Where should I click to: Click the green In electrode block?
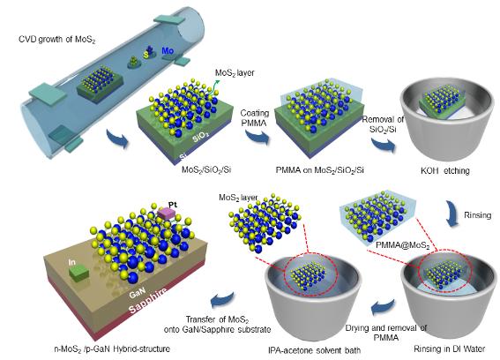79,274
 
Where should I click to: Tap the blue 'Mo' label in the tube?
168,51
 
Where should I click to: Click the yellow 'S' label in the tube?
146,55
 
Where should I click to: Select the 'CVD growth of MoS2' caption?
57,40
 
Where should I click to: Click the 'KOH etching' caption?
445,171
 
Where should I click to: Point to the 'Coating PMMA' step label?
255,117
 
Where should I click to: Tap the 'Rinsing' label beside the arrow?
477,215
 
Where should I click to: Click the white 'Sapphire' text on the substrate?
147,301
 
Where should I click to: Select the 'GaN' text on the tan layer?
138,292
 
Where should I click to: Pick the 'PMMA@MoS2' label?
402,245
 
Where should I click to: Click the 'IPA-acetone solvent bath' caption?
315,350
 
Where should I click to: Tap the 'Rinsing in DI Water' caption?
450,349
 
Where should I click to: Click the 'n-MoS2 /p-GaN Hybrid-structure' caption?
112,349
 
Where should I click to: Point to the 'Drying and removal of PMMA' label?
386,333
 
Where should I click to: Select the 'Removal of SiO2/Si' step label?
383,124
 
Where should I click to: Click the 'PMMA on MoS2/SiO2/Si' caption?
319,170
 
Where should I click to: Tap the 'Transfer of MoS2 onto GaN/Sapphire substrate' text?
218,324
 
